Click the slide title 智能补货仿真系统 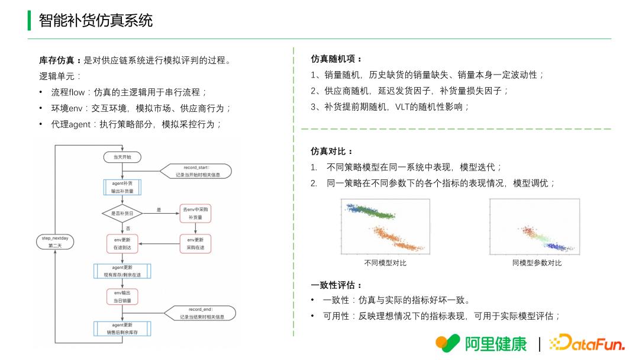click(x=95, y=21)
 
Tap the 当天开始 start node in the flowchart click(x=122, y=157)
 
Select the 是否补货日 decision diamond click(x=122, y=213)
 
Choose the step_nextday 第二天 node click(x=55, y=241)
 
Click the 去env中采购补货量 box click(x=195, y=214)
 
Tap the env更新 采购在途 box click(x=195, y=243)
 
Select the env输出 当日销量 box click(x=122, y=297)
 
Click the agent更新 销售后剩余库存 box click(x=122, y=329)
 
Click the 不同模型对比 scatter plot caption click(x=385, y=263)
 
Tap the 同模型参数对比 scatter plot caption click(x=537, y=263)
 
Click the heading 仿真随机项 click(x=336, y=59)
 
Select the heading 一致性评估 click(x=336, y=285)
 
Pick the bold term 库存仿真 click(x=57, y=60)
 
